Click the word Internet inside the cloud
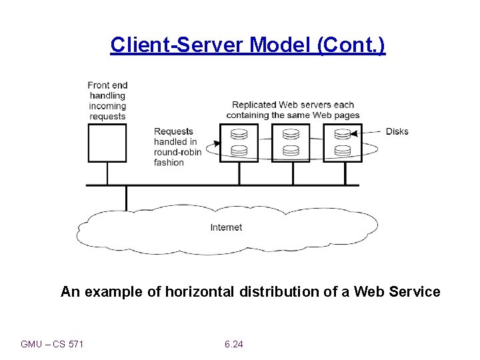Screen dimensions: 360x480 click(226, 227)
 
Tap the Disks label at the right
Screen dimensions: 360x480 click(397, 131)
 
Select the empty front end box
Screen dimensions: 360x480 click(107, 143)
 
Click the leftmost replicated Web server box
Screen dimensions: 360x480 click(239, 143)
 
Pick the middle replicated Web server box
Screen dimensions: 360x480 click(291, 143)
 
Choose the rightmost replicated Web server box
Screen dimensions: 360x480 click(343, 143)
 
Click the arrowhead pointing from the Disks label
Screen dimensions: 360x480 click(354, 133)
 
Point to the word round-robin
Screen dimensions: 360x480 click(177, 152)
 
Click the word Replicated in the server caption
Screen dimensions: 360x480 click(253, 105)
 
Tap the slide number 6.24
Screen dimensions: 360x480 click(234, 344)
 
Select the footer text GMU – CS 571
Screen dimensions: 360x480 click(52, 344)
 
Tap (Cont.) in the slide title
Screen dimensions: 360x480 click(351, 45)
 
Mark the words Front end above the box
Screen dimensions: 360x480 click(107, 85)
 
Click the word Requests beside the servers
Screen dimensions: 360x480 click(173, 131)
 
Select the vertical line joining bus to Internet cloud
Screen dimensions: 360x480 click(126, 198)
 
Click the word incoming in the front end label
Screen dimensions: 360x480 click(107, 106)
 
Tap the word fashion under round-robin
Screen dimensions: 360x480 click(169, 162)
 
